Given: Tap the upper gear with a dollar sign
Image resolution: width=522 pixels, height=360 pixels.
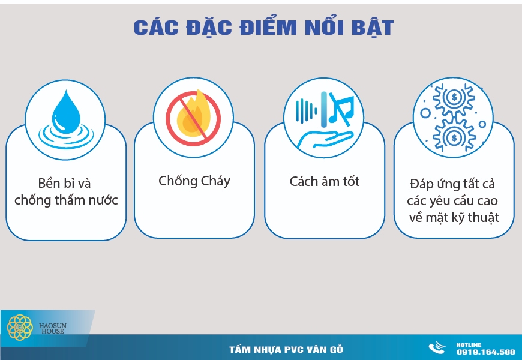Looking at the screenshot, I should click(455, 97).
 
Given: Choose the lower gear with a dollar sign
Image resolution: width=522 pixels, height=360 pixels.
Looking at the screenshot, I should click(455, 139).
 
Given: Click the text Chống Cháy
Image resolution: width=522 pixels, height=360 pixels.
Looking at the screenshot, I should click(194, 181).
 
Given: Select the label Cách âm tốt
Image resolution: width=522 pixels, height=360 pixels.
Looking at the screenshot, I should click(325, 181).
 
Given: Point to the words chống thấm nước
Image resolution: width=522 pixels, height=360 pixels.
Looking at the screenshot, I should click(66, 200).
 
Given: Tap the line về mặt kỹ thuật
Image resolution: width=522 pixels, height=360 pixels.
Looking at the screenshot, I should click(453, 217).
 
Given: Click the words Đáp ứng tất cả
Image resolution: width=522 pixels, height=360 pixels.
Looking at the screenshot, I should click(453, 184).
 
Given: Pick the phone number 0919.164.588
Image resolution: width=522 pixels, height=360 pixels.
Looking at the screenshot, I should click(485, 352).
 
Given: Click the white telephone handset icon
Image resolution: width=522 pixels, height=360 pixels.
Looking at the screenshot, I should click(436, 349).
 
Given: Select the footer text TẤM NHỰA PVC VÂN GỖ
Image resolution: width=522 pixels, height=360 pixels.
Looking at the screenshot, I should click(286, 350).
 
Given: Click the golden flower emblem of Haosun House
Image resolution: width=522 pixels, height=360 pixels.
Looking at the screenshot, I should click(20, 327).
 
